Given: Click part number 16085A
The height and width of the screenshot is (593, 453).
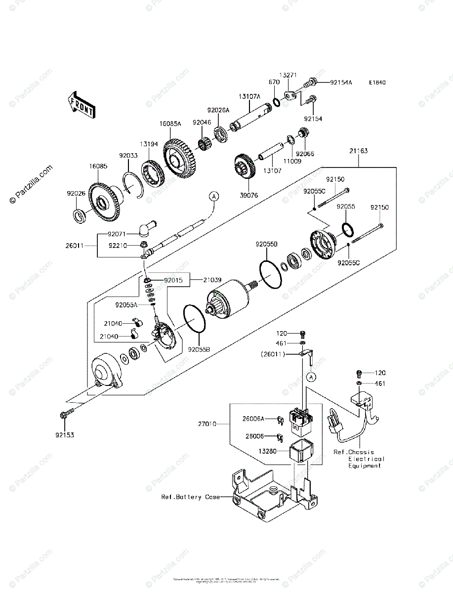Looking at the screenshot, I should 169,125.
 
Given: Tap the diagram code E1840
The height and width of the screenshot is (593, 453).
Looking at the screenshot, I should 377,83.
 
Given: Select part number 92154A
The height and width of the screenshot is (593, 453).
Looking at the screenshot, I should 341,83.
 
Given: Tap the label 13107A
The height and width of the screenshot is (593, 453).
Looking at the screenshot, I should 250,97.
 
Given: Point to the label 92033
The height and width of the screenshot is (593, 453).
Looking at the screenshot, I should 128,155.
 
